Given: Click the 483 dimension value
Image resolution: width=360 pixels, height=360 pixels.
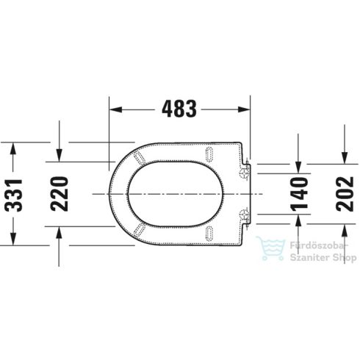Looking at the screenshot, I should coord(179,109).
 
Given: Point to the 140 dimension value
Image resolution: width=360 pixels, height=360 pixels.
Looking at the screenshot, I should coord(299,193).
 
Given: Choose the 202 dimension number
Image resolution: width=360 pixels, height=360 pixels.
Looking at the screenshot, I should coord(345,193).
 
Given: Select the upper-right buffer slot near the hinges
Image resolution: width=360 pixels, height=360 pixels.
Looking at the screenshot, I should coord(212,152).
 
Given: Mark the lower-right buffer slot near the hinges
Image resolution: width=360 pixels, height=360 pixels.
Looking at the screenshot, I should coord(212,234).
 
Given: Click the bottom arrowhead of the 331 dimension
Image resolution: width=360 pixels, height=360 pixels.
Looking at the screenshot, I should coord(12,239).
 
